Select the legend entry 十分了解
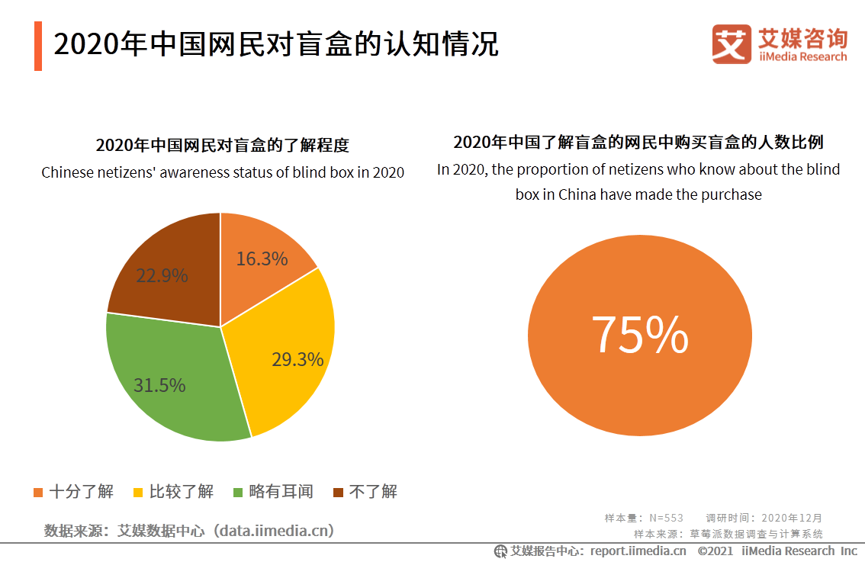tap(74, 492)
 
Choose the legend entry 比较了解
tap(173, 492)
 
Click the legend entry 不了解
tap(365, 492)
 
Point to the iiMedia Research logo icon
tap(732, 44)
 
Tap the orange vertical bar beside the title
tap(38, 46)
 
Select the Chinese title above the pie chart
tap(222, 146)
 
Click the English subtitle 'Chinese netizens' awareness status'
tap(222, 172)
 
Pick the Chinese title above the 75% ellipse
tap(638, 143)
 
